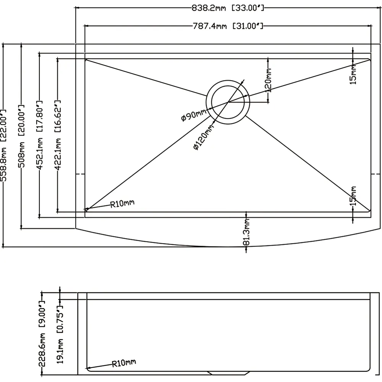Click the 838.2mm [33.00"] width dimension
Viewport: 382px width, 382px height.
[228, 8]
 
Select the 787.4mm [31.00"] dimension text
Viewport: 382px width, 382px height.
[228, 26]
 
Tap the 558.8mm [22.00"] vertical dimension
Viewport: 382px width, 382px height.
[3, 146]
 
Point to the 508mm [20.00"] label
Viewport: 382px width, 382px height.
[21, 136]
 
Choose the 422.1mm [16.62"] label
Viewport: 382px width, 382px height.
[58, 135]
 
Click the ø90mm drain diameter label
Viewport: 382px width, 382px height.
[194, 115]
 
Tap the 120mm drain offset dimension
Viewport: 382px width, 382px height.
[268, 80]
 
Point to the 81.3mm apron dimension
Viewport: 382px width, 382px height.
[246, 232]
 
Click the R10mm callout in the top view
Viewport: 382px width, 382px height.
[122, 204]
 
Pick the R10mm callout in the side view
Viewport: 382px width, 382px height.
[124, 363]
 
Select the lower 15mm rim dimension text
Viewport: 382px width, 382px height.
[353, 196]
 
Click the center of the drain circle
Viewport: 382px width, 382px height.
[228, 102]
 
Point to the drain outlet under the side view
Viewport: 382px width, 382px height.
[228, 373]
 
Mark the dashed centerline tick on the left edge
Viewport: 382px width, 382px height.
[81, 174]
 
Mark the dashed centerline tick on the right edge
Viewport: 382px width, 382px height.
[376, 174]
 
